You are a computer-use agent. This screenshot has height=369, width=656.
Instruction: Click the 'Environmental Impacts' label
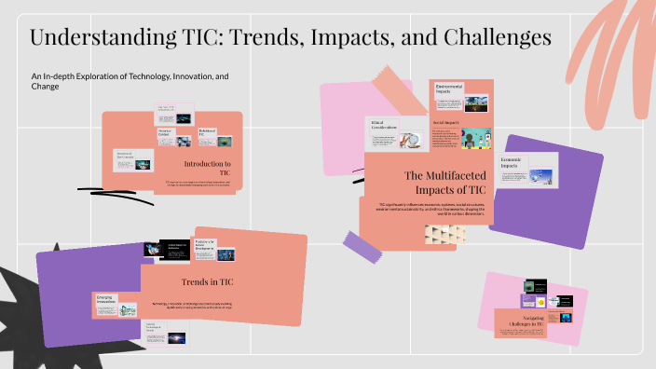pyautogui.click(x=451, y=89)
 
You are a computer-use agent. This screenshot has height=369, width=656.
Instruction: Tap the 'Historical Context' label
pyautogui.click(x=166, y=133)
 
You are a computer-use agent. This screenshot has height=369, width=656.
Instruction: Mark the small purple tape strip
pyautogui.click(x=363, y=246)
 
